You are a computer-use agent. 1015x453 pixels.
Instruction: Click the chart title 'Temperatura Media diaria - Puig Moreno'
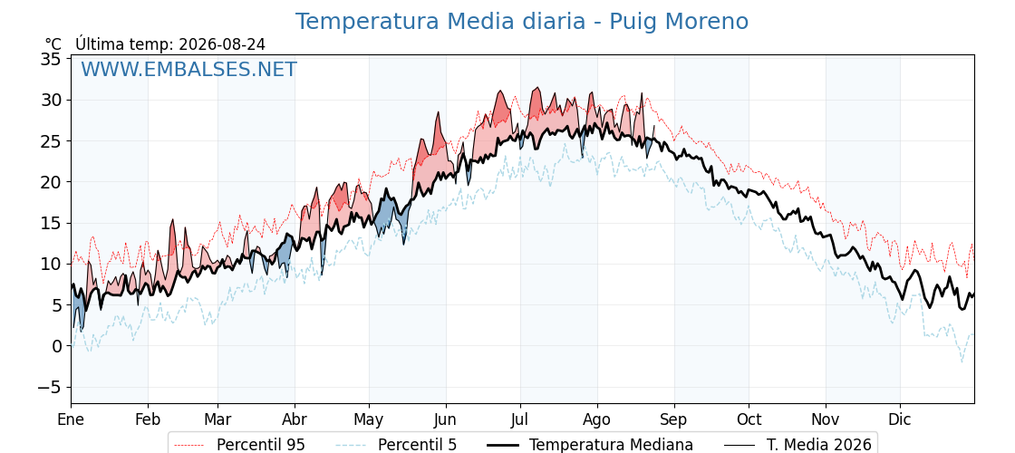click(522, 22)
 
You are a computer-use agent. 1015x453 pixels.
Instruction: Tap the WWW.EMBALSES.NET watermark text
click(189, 69)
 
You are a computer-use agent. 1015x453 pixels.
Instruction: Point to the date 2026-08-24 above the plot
click(222, 44)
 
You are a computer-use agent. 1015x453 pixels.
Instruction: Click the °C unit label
click(53, 44)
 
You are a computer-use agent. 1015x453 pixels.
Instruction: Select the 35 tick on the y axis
click(52, 59)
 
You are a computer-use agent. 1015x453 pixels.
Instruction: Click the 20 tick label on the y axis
click(52, 182)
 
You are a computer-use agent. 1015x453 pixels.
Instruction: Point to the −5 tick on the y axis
click(47, 387)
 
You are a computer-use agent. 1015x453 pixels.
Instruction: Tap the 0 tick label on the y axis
click(56, 346)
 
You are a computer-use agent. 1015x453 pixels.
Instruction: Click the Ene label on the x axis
click(72, 419)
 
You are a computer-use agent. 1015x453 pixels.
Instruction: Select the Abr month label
click(295, 419)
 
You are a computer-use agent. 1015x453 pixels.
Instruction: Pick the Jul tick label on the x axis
click(520, 419)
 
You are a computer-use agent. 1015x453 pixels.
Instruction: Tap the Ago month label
click(597, 419)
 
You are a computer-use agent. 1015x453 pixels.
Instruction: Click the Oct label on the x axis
click(749, 419)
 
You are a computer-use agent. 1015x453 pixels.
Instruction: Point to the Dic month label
click(900, 419)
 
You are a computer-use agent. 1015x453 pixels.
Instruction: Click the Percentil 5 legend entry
click(397, 445)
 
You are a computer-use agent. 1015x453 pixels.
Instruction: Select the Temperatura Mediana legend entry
click(590, 445)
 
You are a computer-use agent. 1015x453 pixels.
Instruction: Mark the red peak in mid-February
click(173, 221)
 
